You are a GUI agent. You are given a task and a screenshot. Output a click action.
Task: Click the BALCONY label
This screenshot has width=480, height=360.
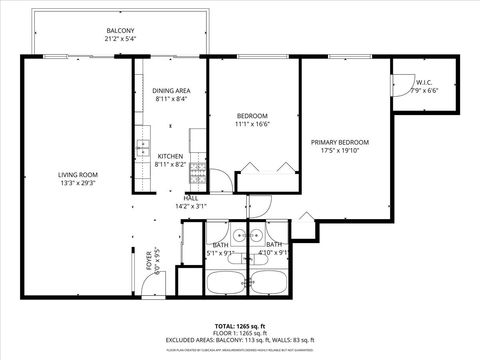120,31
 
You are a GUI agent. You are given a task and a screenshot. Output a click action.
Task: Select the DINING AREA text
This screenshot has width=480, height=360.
171,91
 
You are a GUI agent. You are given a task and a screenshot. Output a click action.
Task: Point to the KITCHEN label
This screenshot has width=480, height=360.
171,156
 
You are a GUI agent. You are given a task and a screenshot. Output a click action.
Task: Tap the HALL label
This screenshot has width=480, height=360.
190,198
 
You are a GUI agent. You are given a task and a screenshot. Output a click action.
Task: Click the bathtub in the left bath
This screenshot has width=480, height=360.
225,284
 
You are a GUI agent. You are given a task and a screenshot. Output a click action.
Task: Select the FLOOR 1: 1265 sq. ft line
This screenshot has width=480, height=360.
239,333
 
